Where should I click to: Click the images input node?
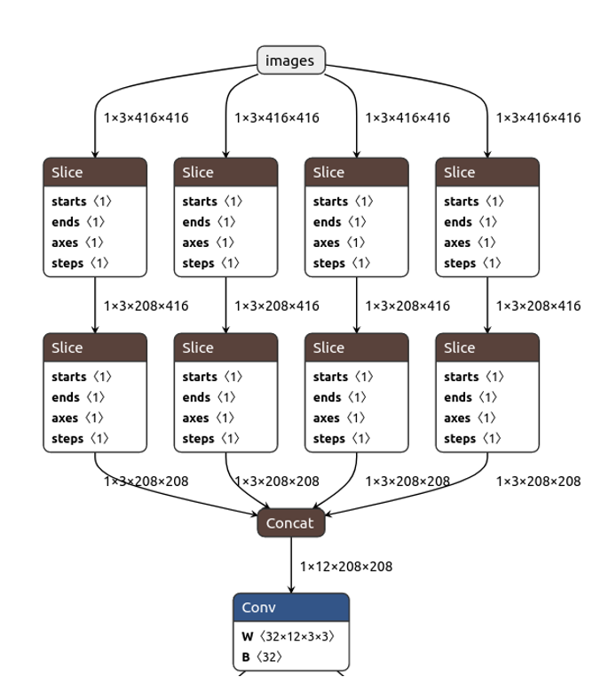(x=291, y=60)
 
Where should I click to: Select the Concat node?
(x=290, y=523)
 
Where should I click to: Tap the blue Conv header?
(x=291, y=608)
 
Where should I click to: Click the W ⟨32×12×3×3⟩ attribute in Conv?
(x=288, y=636)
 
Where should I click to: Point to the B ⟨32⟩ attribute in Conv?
(x=262, y=657)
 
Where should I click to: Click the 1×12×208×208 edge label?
(x=345, y=566)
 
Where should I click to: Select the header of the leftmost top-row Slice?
(x=95, y=172)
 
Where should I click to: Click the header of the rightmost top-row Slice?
(x=487, y=172)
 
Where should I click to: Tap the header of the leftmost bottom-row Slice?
(x=95, y=347)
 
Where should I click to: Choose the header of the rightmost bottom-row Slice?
(x=487, y=347)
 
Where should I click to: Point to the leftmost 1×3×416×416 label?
(x=146, y=117)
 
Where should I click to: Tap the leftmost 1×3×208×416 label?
(x=146, y=306)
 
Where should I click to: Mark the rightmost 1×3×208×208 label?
(x=538, y=481)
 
